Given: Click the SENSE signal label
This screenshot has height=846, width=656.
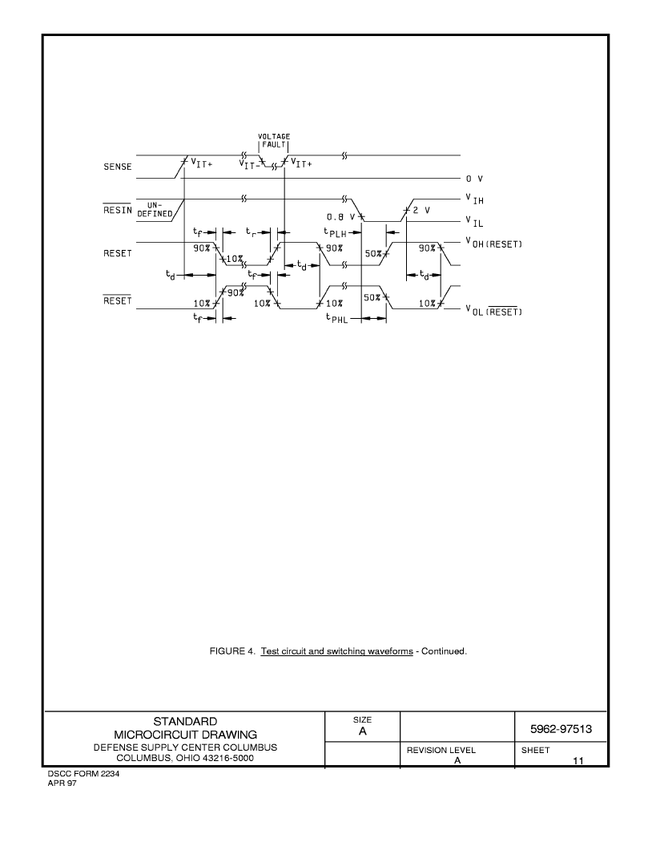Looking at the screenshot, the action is tap(118, 167).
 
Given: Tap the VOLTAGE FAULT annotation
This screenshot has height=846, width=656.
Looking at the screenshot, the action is tap(274, 141).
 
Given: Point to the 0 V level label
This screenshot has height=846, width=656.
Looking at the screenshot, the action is tap(475, 179).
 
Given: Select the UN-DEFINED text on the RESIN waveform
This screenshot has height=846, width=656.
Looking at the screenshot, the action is tap(155, 209).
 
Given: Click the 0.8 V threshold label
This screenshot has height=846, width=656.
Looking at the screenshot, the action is tap(341, 217).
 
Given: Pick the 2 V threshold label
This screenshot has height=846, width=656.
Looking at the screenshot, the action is tap(421, 210).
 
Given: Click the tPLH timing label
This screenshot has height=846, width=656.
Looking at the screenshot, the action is tap(335, 232).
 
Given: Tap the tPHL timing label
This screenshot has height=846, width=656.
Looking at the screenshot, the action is tap(336, 318).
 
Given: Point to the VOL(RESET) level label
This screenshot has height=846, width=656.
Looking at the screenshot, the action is tap(493, 310).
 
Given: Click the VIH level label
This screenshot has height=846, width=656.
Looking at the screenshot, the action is tap(475, 199).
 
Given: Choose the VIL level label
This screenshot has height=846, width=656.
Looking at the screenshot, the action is tap(475, 221).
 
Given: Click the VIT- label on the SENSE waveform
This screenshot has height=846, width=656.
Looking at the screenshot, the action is tap(249, 164).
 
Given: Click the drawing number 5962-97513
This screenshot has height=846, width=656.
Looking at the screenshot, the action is tap(561, 729).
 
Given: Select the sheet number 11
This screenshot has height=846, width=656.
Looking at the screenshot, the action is tap(578, 761).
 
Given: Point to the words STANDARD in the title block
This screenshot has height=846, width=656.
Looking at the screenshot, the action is tap(185, 721).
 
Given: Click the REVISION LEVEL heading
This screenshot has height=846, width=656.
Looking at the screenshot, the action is tap(441, 750).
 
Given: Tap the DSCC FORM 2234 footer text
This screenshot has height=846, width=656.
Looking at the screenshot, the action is tap(83, 774).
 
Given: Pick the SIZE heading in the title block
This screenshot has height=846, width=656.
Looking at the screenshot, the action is tap(363, 719).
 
